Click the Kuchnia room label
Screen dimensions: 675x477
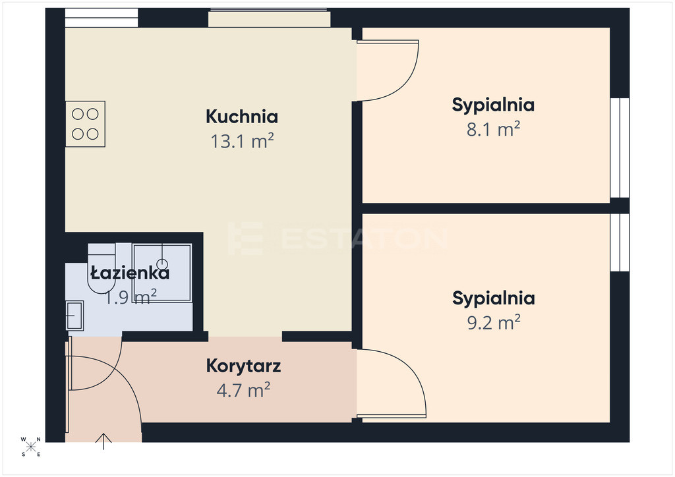241,117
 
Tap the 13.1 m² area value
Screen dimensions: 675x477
242,141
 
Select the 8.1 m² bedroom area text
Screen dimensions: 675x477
493,129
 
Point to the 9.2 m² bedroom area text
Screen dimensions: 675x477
494,322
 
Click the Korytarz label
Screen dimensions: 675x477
244,366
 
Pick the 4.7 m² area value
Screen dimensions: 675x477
243,390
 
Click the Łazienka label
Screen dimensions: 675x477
130,273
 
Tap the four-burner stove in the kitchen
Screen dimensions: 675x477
85,124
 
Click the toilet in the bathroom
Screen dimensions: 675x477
102,268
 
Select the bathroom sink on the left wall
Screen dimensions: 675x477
74,316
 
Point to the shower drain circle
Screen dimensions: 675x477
162,264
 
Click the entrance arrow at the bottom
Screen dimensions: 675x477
103,441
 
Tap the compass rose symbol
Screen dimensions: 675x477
31,447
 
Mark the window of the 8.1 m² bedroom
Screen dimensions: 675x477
620,148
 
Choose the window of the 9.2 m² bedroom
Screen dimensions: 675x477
620,242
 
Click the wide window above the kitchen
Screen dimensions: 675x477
270,18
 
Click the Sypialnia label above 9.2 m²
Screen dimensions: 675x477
494,298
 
